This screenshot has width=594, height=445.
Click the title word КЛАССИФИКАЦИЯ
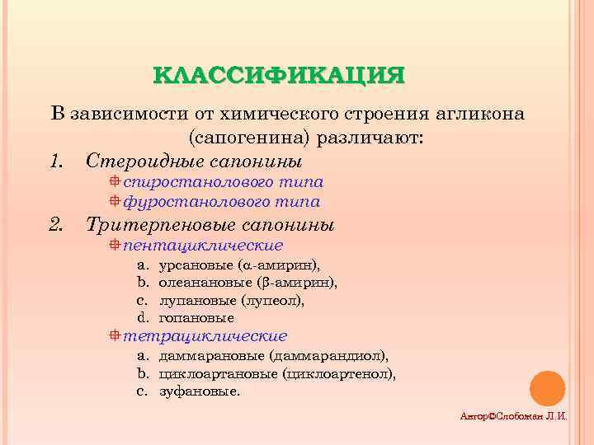coord(279,75)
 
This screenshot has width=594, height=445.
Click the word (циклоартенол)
coord(338,373)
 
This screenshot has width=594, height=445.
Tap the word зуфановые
coord(200,391)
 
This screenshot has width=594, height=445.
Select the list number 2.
coord(57,224)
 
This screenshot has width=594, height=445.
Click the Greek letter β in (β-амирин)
coord(264,283)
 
